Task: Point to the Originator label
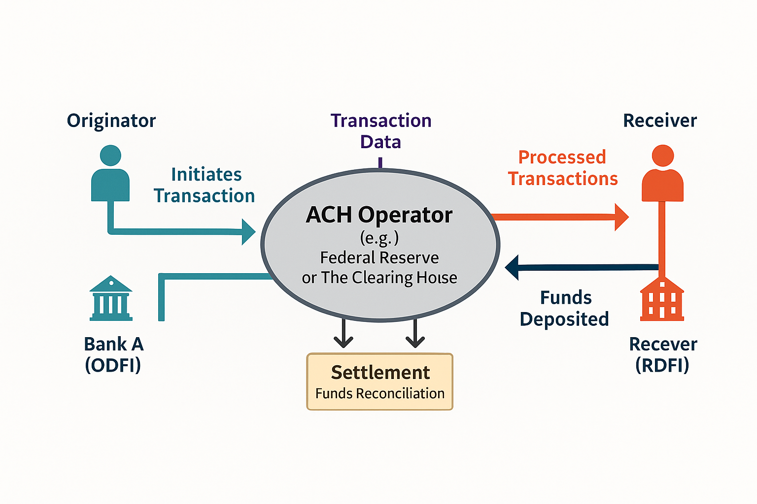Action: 111,121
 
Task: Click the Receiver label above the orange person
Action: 660,121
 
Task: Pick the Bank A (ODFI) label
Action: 113,354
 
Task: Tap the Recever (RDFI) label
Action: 663,354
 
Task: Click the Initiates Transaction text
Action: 205,185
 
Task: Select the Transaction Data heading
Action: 381,131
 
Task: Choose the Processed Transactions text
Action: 563,168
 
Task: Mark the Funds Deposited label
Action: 565,308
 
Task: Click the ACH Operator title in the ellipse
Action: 379,215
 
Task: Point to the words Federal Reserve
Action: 379,257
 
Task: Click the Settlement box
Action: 380,381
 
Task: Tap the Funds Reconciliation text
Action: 380,394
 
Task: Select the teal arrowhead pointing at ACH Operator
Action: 248,232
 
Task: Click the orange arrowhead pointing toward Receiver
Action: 621,217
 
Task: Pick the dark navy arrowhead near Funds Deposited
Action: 513,267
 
